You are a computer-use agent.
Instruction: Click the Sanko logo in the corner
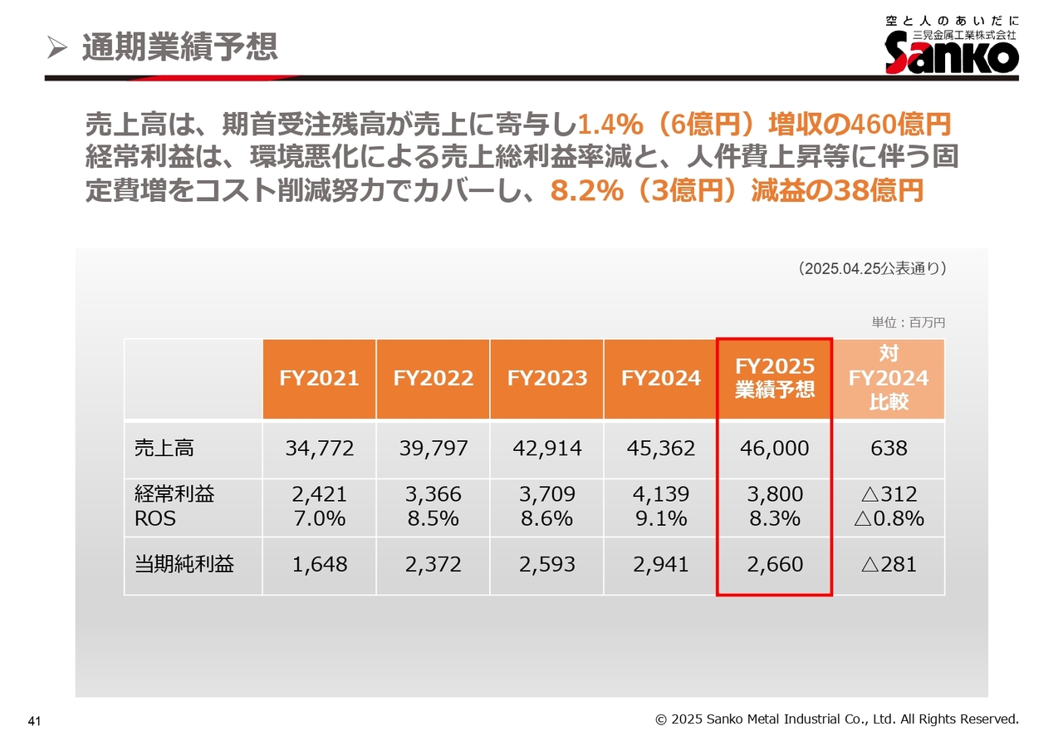pos(952,45)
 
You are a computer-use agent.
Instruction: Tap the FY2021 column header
pos(319,379)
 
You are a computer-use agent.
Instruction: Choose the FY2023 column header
pos(547,379)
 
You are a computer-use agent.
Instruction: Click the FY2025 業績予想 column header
pos(775,379)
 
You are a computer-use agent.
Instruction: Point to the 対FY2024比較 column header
pos(889,379)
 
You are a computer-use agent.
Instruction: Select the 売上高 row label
pos(164,449)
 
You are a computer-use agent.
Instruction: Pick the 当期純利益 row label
pos(184,565)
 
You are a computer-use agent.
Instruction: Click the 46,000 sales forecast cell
pos(775,449)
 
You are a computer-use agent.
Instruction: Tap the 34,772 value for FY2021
pos(319,449)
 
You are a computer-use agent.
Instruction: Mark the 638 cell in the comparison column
pos(889,449)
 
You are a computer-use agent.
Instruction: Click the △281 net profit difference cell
pos(889,565)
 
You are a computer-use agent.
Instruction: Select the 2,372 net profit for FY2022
pos(433,565)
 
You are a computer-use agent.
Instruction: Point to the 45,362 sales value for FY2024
pos(661,449)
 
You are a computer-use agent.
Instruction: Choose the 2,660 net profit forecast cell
pos(775,565)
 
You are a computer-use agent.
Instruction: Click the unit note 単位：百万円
pos(908,322)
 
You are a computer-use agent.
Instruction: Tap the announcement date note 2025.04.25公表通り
pos(871,268)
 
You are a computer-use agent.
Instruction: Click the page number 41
pos(34,720)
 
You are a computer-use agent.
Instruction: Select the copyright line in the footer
pos(836,719)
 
